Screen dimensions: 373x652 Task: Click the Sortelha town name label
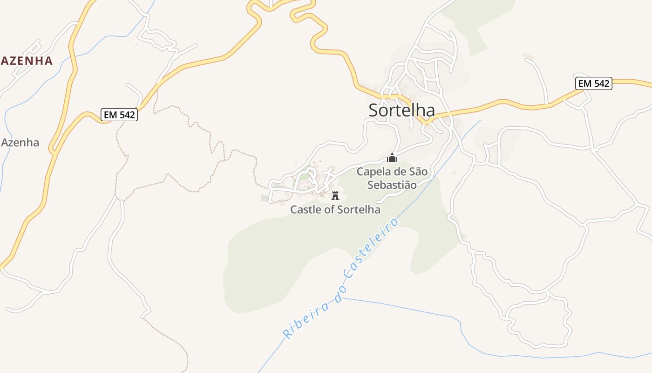(x=401, y=111)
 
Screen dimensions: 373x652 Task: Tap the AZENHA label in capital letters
(x=27, y=61)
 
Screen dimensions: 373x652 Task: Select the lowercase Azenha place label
(x=20, y=143)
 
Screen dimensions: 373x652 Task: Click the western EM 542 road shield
(x=119, y=115)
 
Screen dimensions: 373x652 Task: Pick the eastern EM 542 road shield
(x=594, y=83)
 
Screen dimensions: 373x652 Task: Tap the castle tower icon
(x=335, y=195)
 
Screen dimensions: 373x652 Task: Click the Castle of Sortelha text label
(x=335, y=209)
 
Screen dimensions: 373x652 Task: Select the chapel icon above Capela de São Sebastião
(x=392, y=158)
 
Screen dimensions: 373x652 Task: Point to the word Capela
(x=373, y=172)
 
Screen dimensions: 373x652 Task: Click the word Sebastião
(x=392, y=185)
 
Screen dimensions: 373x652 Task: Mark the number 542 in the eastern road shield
(x=601, y=83)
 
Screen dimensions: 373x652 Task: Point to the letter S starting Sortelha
(x=374, y=111)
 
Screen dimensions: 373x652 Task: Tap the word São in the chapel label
(x=418, y=172)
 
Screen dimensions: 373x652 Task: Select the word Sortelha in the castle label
(x=358, y=209)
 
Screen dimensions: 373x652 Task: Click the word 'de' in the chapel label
(x=399, y=172)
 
